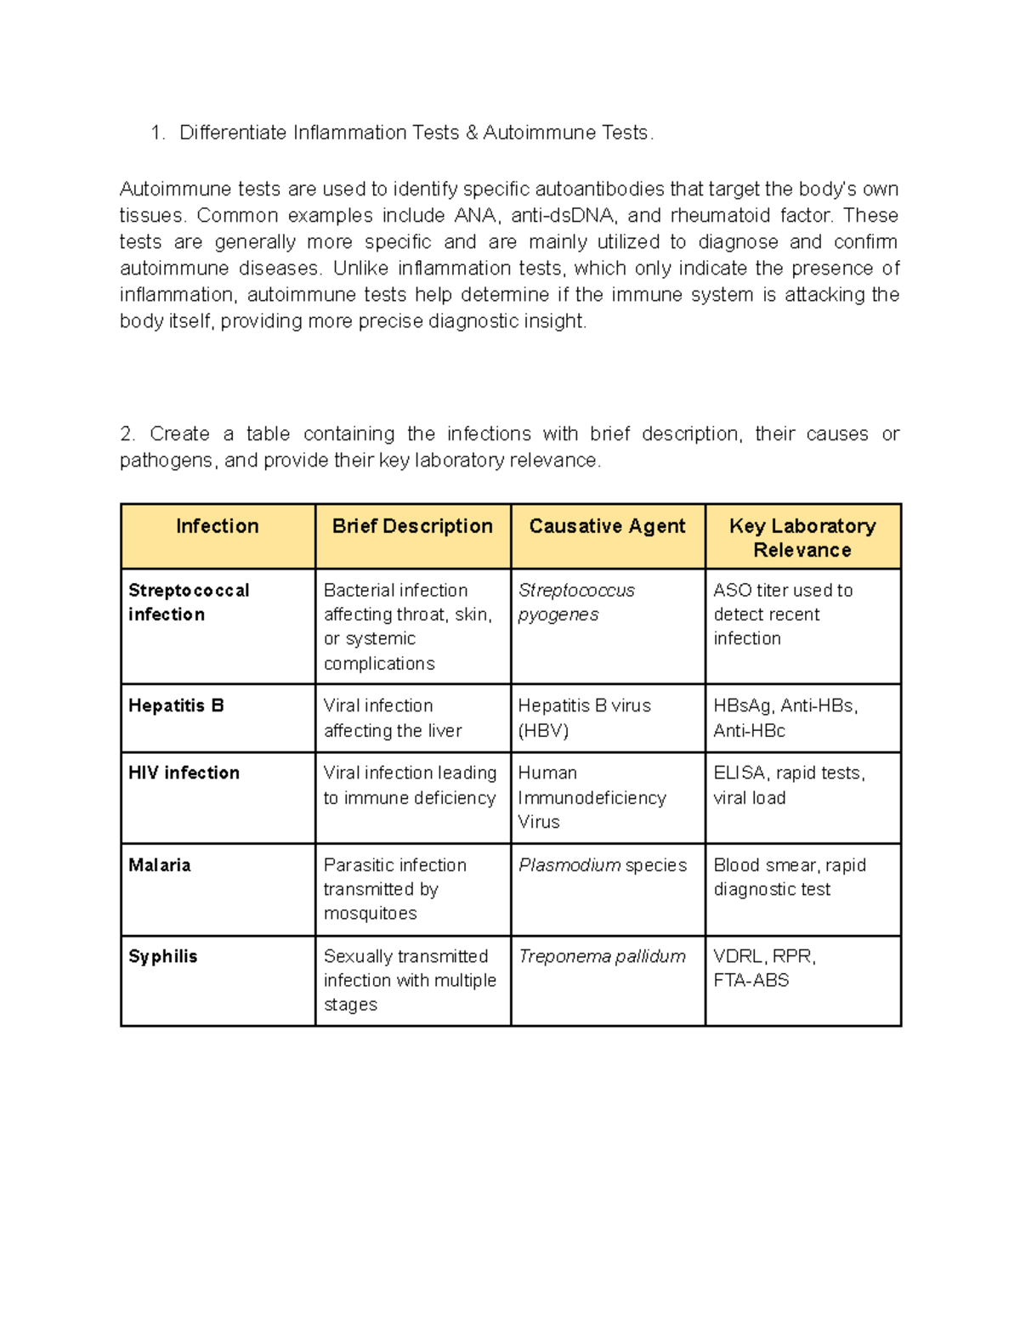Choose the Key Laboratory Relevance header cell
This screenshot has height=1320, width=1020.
[802, 538]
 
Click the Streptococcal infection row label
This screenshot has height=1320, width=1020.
[189, 602]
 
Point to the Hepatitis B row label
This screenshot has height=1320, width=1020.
[176, 705]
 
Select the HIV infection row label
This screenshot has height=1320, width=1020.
[184, 773]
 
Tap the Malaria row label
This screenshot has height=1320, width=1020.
[160, 865]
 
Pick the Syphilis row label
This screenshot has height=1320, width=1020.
[162, 956]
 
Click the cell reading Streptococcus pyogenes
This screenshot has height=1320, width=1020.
[576, 602]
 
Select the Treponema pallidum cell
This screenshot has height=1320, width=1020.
[602, 956]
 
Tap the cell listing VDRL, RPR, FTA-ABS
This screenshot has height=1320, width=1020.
[764, 968]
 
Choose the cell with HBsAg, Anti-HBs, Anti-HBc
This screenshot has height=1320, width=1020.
[785, 717]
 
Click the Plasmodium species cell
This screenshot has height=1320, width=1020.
[603, 865]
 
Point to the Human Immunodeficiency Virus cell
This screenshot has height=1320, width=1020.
[592, 797]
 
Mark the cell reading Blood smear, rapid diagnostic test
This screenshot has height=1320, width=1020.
[789, 877]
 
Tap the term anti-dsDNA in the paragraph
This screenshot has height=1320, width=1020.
[562, 215]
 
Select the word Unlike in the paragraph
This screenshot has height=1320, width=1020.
[360, 269]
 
